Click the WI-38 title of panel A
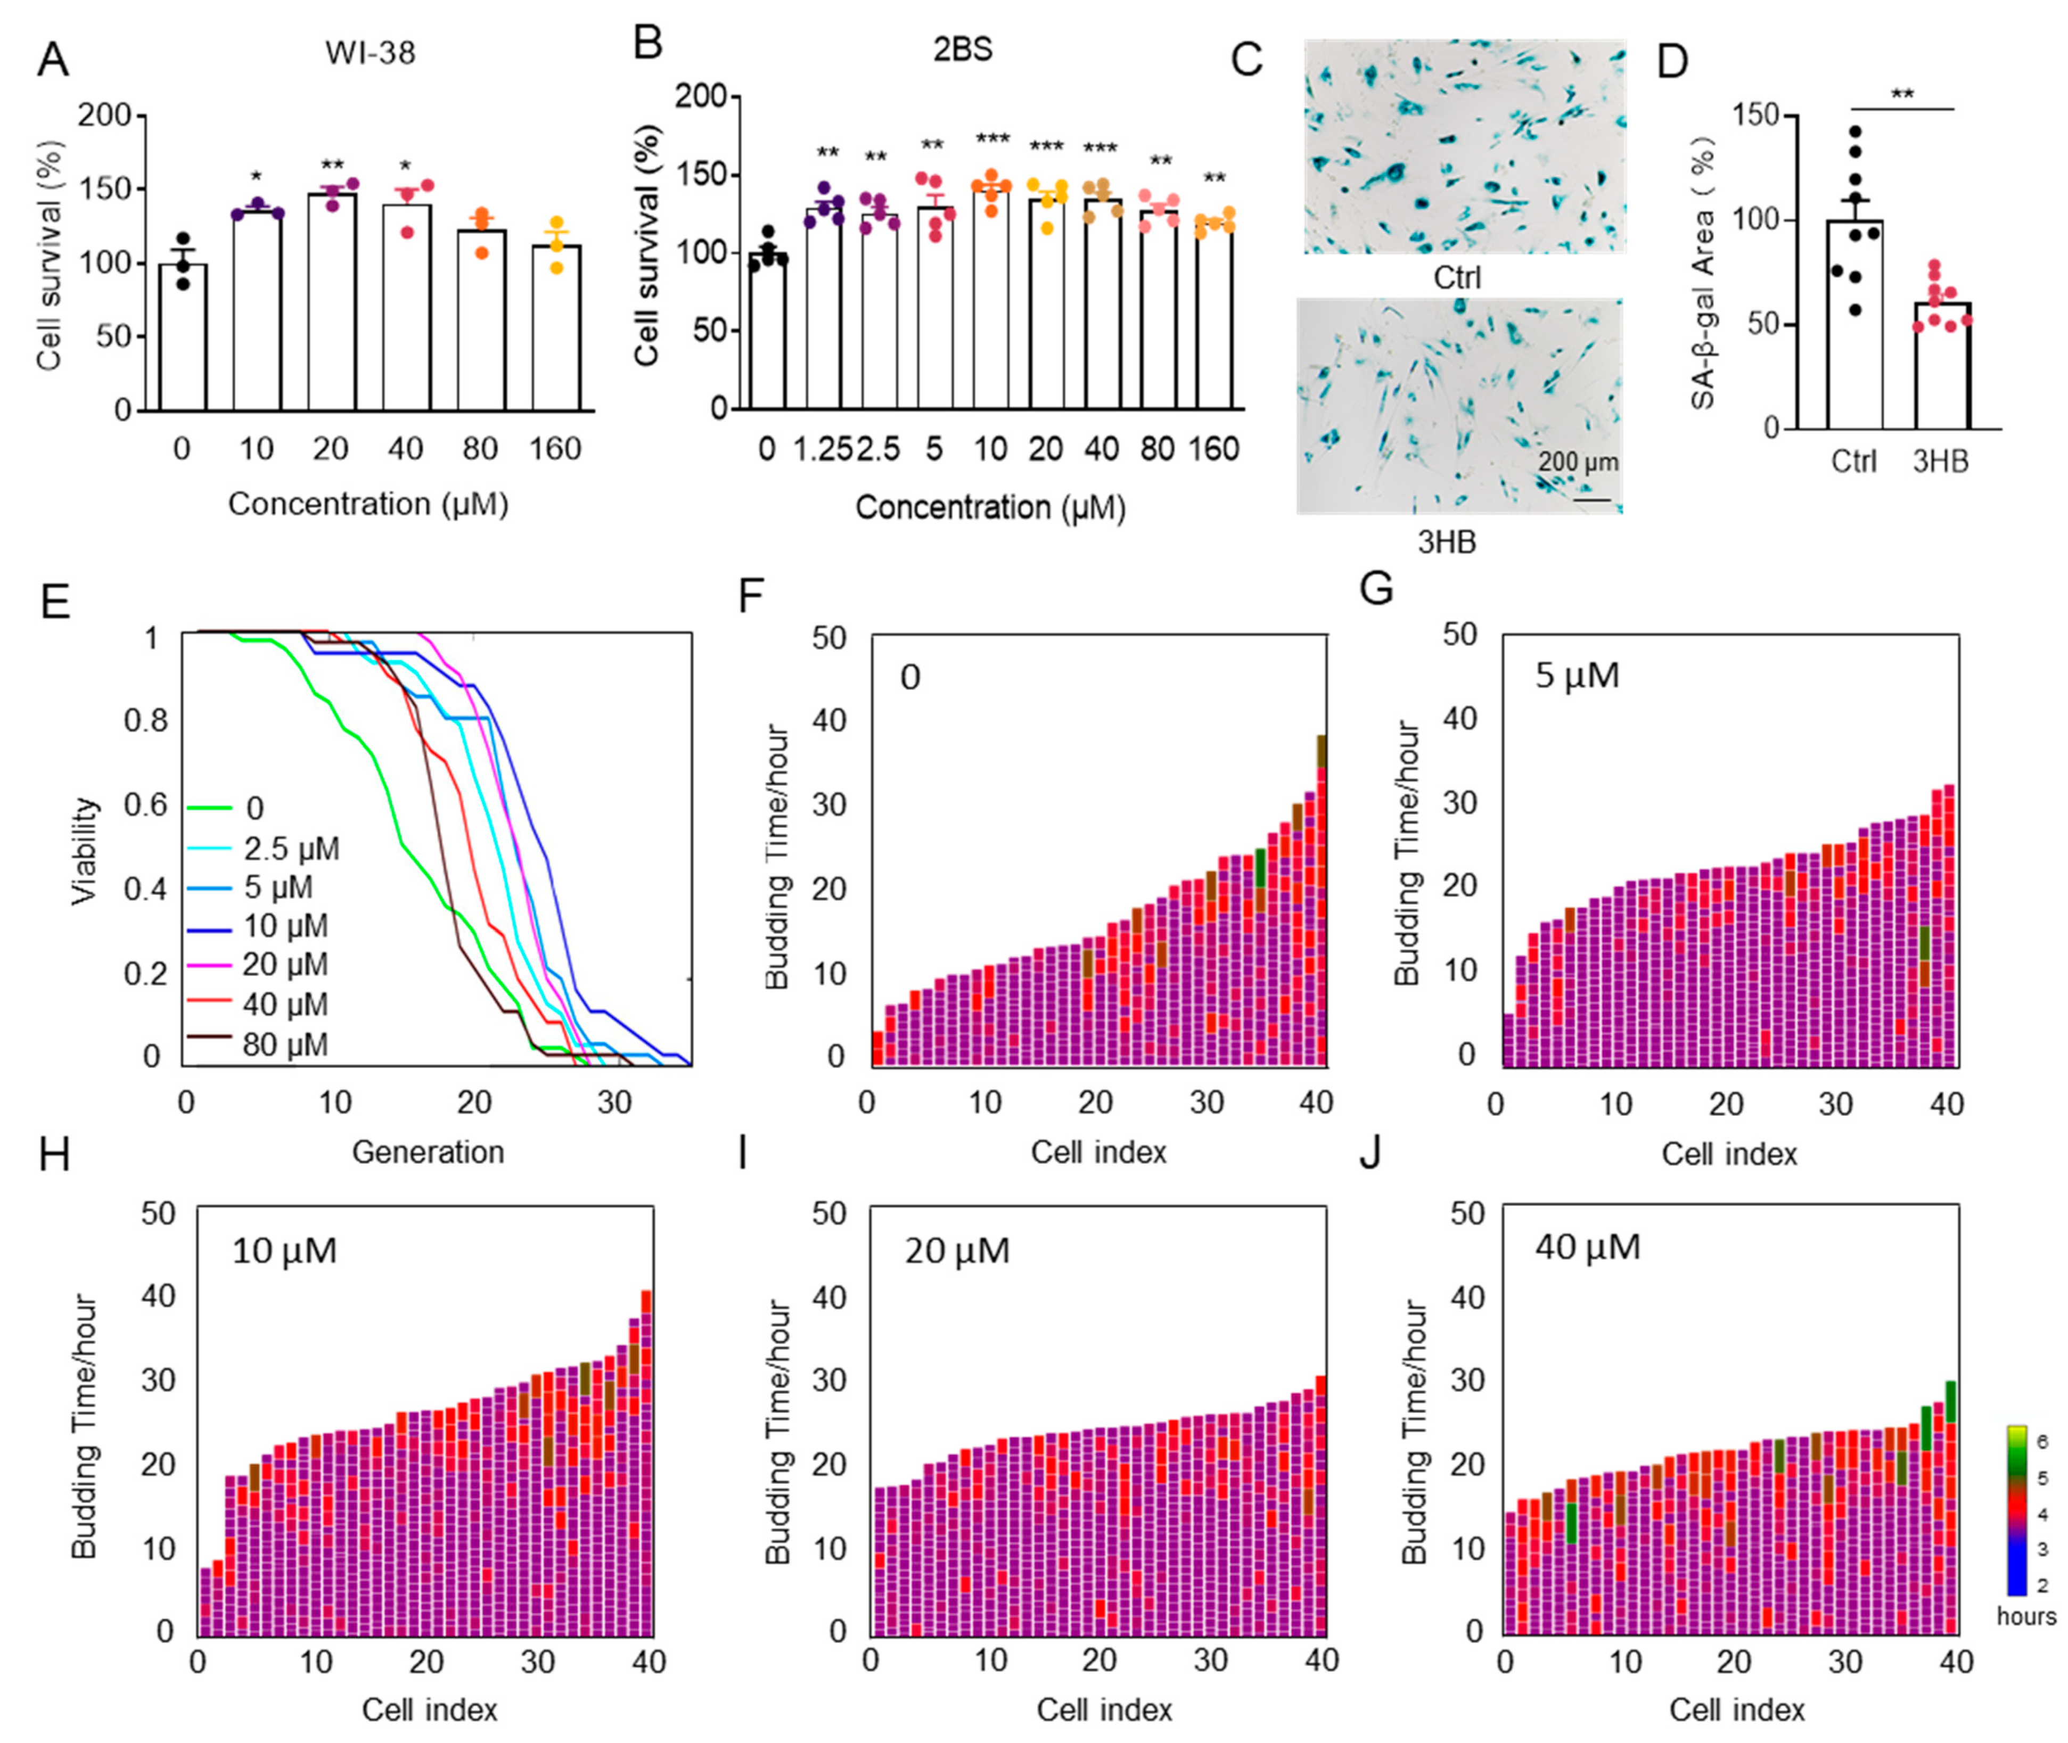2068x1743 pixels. tap(371, 52)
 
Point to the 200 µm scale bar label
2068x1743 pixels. tap(1578, 462)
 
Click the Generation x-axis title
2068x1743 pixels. tap(428, 1152)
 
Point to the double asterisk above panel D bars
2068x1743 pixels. tap(1902, 95)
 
